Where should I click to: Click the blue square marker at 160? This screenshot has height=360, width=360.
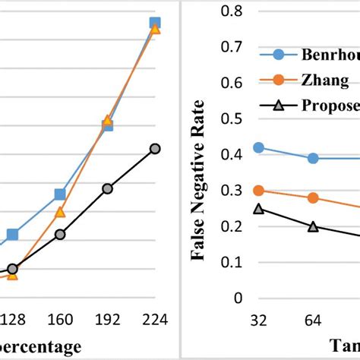tap(59, 195)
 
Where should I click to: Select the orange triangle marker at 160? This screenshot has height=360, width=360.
tap(60, 212)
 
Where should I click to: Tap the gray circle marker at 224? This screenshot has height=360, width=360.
tap(155, 149)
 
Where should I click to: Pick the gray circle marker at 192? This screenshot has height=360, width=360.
tap(107, 188)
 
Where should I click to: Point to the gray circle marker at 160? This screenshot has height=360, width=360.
tap(60, 235)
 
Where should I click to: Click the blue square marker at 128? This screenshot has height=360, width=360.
tap(12, 235)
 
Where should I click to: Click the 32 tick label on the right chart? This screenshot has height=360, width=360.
tap(259, 321)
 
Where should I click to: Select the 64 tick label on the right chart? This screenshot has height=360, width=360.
tap(313, 321)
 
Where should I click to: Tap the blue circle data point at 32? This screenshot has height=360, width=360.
tap(259, 148)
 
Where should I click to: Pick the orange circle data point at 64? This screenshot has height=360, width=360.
tap(313, 198)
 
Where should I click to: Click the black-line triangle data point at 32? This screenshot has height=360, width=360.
tap(259, 209)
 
